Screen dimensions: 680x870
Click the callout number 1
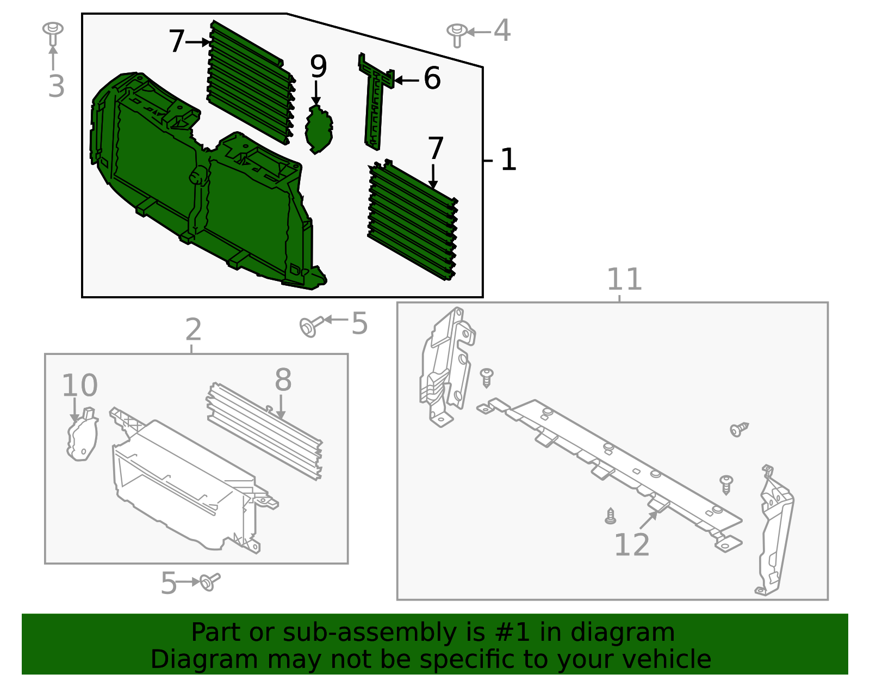[x=508, y=160]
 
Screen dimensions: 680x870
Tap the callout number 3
[x=56, y=87]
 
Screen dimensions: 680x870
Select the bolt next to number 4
[x=457, y=34]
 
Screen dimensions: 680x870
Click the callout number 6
[x=432, y=78]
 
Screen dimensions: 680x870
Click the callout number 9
[x=318, y=67]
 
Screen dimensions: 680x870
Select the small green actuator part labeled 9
[x=319, y=130]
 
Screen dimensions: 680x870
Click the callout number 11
[x=624, y=279]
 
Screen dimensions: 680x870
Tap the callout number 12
[x=631, y=545]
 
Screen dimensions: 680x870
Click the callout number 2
[x=193, y=330]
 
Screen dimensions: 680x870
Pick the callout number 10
[x=79, y=385]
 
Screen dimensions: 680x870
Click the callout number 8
[x=283, y=380]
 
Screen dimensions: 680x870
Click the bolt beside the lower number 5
[x=208, y=582]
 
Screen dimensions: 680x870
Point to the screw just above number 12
[x=611, y=516]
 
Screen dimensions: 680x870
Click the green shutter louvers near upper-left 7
[x=250, y=82]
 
